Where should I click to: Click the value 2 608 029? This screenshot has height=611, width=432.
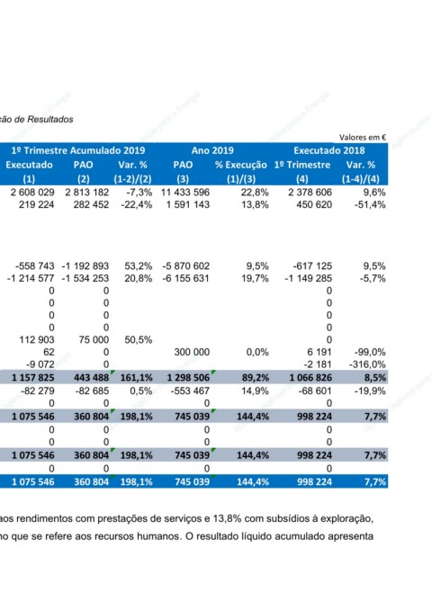click(32, 192)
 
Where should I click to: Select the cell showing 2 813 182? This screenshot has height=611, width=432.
click(87, 192)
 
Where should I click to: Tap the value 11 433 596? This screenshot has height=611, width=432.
click(185, 192)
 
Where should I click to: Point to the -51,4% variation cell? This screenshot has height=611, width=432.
click(370, 204)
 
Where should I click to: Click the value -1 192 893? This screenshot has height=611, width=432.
click(85, 266)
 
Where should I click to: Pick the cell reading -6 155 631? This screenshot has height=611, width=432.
click(186, 278)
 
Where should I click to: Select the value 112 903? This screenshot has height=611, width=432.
click(37, 340)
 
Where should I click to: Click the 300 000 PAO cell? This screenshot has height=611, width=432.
click(192, 352)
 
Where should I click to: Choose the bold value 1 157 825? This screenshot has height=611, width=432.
click(33, 378)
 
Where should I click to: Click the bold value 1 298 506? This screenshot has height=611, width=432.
click(189, 378)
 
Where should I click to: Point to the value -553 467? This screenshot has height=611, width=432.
click(190, 391)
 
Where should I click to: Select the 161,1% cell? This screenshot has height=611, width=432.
click(136, 378)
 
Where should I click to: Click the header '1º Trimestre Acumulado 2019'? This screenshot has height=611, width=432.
click(78, 150)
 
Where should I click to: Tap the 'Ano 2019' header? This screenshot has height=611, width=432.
click(212, 150)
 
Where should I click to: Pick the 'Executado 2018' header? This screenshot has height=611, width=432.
click(329, 150)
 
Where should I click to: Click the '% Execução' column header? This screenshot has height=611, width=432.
click(241, 165)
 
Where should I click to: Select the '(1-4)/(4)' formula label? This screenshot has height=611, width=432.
click(361, 179)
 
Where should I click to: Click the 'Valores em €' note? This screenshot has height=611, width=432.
click(363, 137)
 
